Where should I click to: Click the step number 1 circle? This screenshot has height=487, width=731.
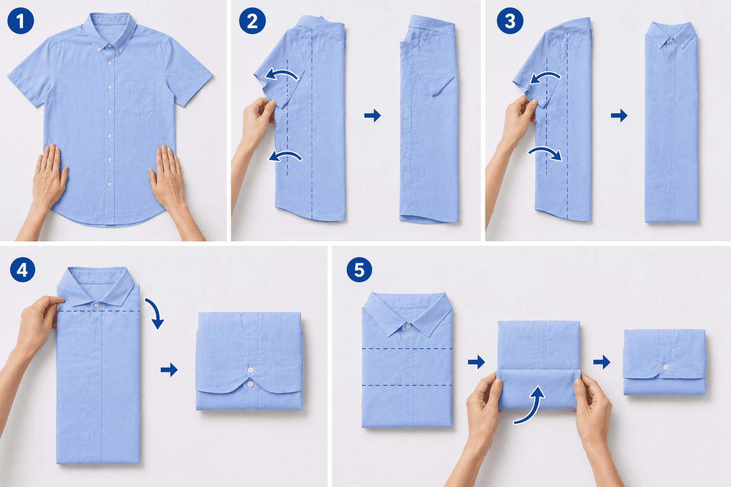coord(20,20)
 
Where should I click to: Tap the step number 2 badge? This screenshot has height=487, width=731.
coord(252,21)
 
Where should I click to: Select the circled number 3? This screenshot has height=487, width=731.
coord(510,21)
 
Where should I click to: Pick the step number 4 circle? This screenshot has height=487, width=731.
coord(22,270)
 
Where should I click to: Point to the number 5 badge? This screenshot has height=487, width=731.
coord(359,270)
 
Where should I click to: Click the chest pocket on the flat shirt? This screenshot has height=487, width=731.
coord(138,98)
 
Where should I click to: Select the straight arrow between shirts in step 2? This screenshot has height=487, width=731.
coord(373,115)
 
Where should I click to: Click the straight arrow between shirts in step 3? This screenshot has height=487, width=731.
coord(619,115)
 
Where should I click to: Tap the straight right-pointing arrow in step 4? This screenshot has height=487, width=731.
coord(169,370)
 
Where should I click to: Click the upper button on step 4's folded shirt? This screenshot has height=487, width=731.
coord(251,370)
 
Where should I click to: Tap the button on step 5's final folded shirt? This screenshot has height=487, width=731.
coord(666,367)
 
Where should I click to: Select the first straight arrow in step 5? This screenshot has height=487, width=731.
coord(476,362)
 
